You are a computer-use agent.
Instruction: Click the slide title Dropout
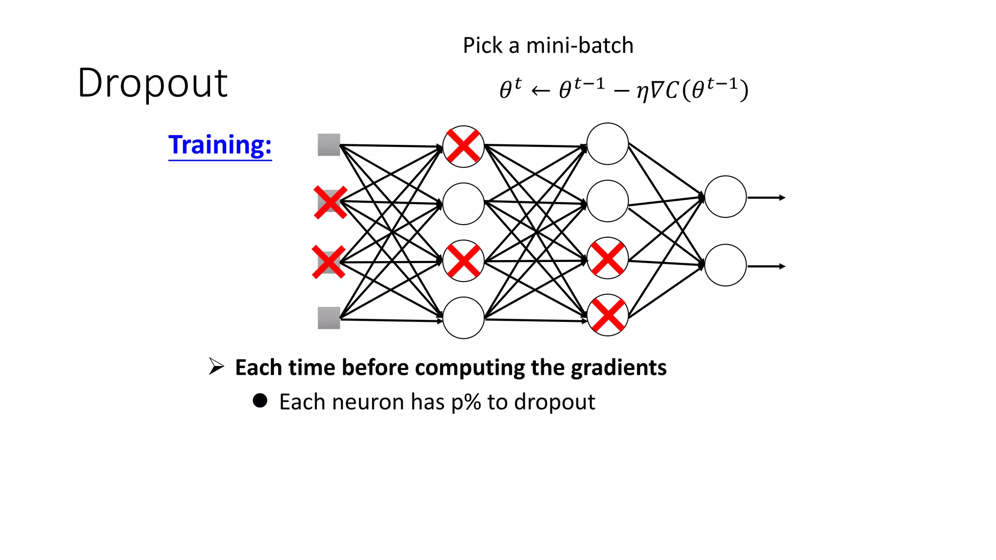152,83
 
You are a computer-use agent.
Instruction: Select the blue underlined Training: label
220,145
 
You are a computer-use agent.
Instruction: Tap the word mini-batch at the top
580,46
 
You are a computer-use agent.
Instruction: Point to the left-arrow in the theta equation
540,91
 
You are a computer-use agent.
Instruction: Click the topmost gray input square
329,145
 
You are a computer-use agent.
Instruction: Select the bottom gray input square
329,318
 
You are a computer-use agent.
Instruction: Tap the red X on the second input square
330,202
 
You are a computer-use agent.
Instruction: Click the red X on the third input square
329,262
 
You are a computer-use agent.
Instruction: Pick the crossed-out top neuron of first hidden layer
463,146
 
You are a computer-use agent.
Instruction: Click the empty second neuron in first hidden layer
463,204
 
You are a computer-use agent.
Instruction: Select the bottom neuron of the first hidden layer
463,318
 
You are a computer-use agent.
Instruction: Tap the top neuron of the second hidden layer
607,144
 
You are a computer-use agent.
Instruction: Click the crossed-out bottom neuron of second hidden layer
607,315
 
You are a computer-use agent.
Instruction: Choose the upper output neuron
725,197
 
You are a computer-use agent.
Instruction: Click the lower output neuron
725,265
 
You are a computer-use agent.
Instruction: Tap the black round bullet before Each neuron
260,401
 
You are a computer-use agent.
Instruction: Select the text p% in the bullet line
466,402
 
